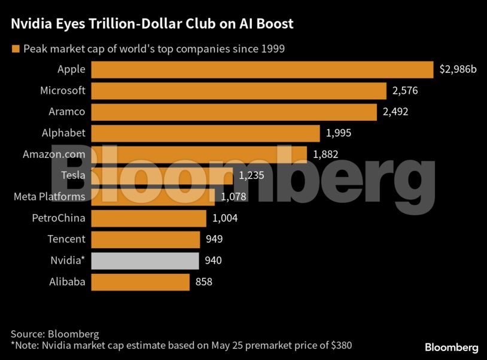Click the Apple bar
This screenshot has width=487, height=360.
coord(262,69)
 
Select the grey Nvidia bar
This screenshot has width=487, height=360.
coord(145,261)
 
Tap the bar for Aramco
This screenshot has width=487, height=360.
coord(234,112)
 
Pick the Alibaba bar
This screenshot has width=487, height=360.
coord(140,282)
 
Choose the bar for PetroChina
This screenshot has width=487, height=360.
coord(148,218)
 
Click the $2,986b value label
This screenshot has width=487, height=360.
coord(458,69)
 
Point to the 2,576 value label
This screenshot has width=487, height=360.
coord(404,91)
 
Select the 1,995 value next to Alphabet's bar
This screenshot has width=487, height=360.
coord(339,133)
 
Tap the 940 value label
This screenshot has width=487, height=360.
coord(214,261)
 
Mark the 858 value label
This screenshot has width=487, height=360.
coord(204,282)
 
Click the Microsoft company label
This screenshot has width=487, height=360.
coord(62,91)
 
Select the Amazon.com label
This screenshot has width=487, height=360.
coord(54,154)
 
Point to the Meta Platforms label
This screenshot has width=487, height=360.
coord(50,197)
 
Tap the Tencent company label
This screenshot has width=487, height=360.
coord(66,239)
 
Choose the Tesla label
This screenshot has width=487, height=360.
coord(73,176)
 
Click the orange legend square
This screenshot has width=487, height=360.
coord(16,48)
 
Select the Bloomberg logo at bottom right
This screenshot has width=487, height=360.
coord(451,347)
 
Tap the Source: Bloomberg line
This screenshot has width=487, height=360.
coord(54,334)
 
